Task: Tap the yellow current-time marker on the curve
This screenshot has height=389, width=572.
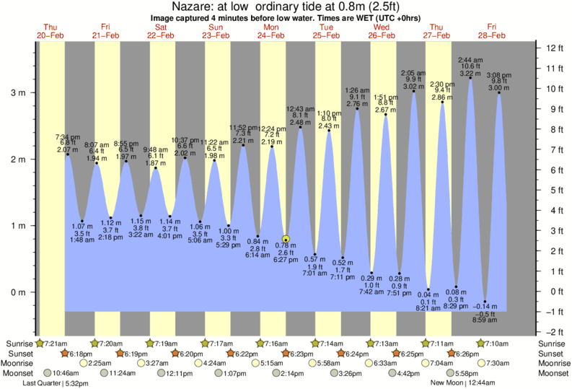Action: [x=286, y=240]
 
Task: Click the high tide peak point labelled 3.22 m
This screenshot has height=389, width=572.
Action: [x=470, y=78]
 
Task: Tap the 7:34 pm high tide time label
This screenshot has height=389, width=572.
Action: [x=68, y=136]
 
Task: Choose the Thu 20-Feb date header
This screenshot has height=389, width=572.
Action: [x=51, y=31]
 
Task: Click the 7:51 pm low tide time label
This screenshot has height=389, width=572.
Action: [x=399, y=292]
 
